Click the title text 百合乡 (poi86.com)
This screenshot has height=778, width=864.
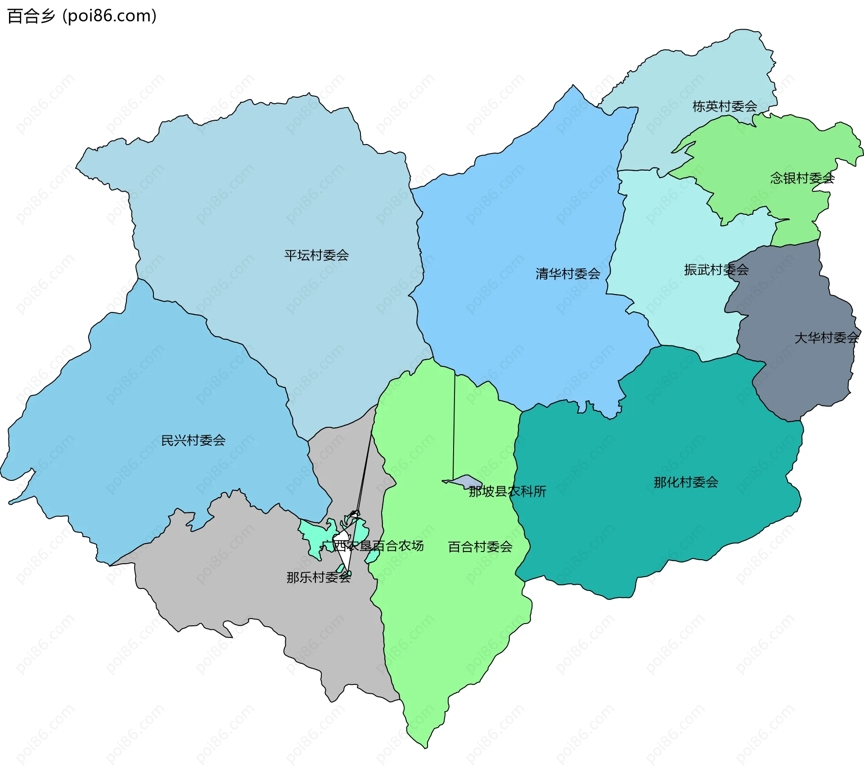click(x=82, y=16)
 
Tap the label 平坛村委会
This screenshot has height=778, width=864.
click(x=316, y=256)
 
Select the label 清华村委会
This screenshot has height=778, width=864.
click(x=568, y=274)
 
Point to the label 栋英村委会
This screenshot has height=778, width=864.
click(x=724, y=107)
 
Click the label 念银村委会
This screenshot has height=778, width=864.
click(x=802, y=178)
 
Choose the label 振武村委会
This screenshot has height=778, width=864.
click(x=716, y=270)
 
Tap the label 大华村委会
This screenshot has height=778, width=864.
click(x=826, y=338)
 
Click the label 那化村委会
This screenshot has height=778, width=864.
click(x=686, y=483)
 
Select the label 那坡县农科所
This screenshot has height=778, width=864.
click(x=507, y=492)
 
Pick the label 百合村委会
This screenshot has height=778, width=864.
click(x=480, y=547)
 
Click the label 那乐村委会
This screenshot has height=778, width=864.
click(x=319, y=578)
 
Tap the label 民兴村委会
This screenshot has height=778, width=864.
click(x=193, y=440)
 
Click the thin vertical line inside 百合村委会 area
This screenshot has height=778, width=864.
click(x=454, y=428)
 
